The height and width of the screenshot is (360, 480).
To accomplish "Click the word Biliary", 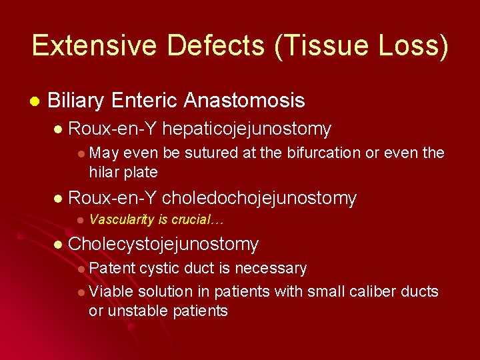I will [x=76, y=101].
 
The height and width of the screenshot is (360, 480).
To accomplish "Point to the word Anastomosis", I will [x=244, y=101].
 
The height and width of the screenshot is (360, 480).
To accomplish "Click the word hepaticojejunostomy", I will [x=247, y=129].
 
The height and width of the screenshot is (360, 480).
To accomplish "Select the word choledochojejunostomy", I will [x=259, y=198].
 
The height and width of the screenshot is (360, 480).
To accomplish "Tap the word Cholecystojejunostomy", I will [x=163, y=245].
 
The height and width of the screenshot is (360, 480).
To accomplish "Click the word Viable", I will [x=111, y=291].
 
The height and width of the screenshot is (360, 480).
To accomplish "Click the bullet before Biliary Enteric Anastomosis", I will [x=34, y=101].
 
